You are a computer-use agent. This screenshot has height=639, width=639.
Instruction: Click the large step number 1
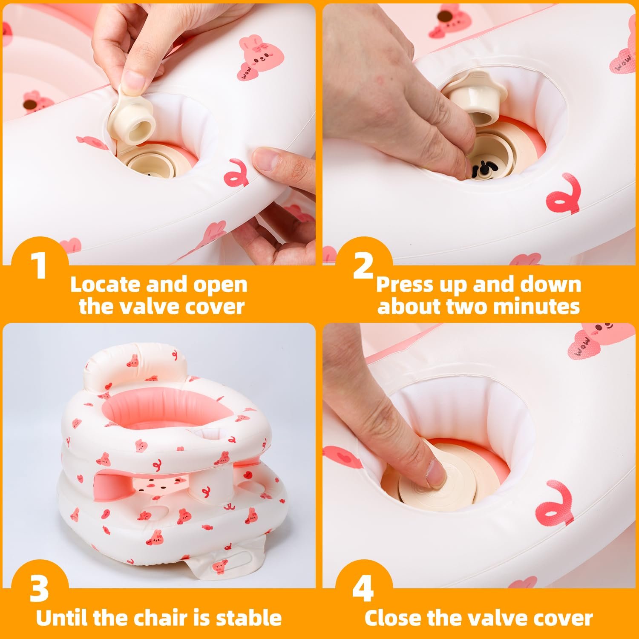(x=40, y=265)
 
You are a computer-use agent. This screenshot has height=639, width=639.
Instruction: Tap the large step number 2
(x=363, y=265)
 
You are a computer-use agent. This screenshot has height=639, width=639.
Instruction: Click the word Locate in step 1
(x=106, y=285)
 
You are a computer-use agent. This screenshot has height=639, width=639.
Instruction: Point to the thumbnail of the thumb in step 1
(x=135, y=80)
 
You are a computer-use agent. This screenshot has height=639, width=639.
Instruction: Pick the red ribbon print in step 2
(x=563, y=192)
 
